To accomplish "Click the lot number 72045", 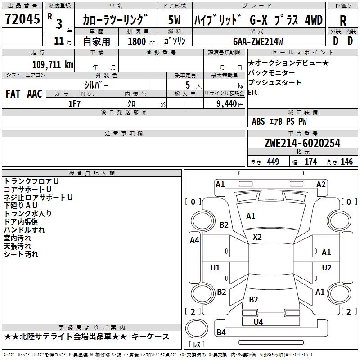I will point(22,20).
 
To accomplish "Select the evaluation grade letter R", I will point(343,21).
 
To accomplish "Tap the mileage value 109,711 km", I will point(53,65).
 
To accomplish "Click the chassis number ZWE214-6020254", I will point(302,144).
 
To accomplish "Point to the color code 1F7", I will point(75,103).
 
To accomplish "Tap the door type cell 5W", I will point(174,21).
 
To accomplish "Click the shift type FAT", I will point(13,94).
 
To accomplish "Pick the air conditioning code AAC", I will point(35,94).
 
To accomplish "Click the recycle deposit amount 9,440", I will point(224,103).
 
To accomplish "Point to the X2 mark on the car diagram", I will point(257,237).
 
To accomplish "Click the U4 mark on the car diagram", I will point(258,322).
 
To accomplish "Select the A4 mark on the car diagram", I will point(194,240).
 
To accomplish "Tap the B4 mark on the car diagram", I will point(221,333).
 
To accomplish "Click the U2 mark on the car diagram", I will point(327,268).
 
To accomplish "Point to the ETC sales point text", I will point(253,93).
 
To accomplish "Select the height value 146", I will point(346,162).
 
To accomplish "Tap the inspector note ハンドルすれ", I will point(24,230).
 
